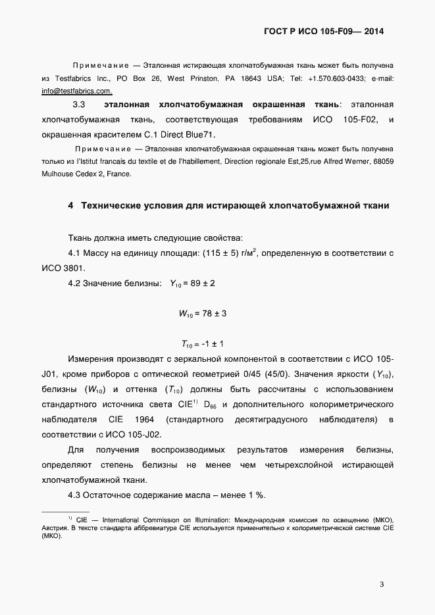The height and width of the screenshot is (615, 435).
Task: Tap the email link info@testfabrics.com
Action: pyautogui.click(x=76, y=91)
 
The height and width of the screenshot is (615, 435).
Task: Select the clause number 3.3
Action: pyautogui.click(x=78, y=105)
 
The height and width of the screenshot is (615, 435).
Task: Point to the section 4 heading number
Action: pyautogui.click(x=70, y=206)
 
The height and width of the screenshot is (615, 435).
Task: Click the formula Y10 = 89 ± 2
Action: pyautogui.click(x=193, y=284)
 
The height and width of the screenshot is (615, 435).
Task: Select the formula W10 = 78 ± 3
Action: pyautogui.click(x=203, y=314)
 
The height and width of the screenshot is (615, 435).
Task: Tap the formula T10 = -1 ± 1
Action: pyautogui.click(x=203, y=345)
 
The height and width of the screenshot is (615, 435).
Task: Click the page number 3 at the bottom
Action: pyautogui.click(x=382, y=584)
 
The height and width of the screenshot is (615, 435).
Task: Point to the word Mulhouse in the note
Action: pyautogui.click(x=58, y=174)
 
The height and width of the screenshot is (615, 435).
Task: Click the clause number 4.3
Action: pyautogui.click(x=78, y=496)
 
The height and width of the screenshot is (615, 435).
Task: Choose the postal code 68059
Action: pyautogui.click(x=381, y=161)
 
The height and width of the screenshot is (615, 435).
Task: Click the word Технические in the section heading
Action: pyautogui.click(x=115, y=206)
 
